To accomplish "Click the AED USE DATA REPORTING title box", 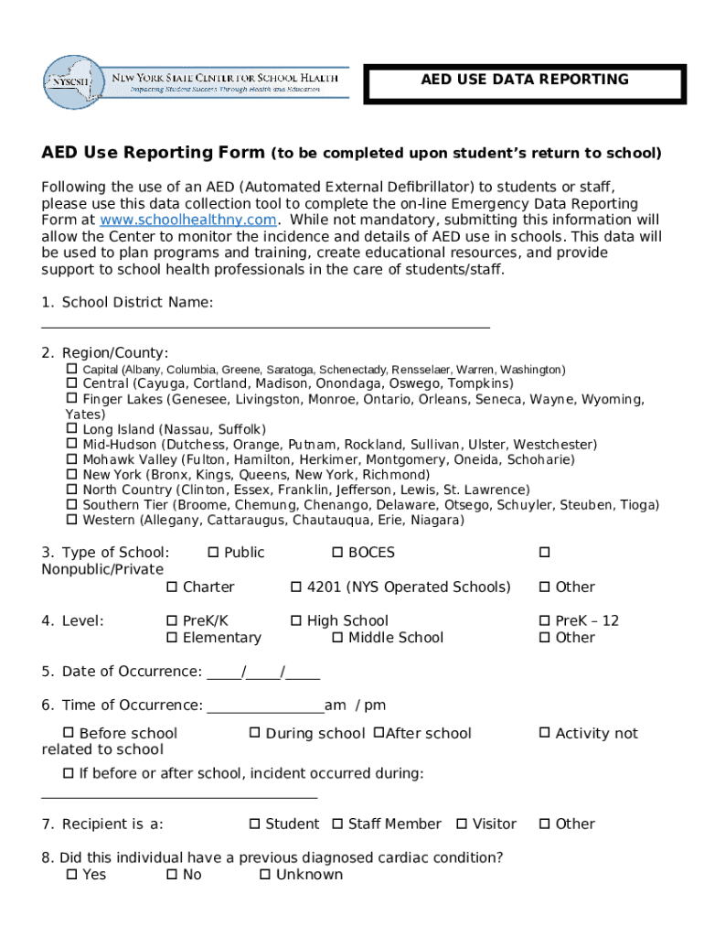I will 524,83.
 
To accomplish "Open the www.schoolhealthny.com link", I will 187,221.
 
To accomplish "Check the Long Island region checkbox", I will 71,429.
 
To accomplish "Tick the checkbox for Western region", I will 71,520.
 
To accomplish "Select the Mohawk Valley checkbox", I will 71,459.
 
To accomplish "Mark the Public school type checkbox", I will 213,553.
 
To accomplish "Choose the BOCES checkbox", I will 337,553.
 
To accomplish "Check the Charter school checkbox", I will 172,587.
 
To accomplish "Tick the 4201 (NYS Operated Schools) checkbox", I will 296,587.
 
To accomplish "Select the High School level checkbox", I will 296,620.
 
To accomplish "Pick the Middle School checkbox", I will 337,637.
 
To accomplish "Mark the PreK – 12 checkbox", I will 545,620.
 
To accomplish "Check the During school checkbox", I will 255,733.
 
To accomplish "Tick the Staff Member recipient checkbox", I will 337,824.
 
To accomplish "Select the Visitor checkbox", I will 462,824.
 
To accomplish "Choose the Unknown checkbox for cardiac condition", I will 265,875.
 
